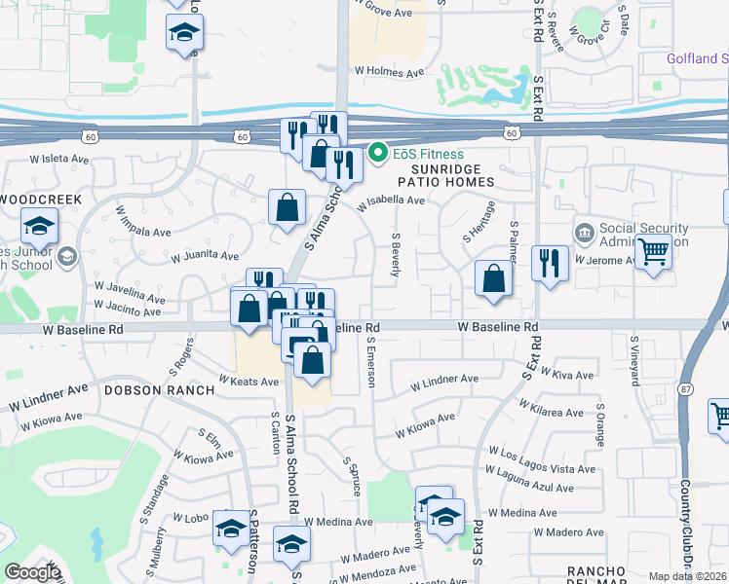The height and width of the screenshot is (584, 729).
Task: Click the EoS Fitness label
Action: point(430,154)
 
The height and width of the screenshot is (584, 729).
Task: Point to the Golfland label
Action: point(697,58)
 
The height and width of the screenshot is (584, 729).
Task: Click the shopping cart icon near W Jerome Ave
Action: point(653,252)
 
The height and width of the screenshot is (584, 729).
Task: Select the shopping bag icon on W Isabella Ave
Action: point(287,207)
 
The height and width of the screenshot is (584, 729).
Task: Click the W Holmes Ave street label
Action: point(391,71)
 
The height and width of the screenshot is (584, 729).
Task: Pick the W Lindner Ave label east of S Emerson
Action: point(444,380)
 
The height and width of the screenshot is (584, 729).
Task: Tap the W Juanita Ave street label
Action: point(205,257)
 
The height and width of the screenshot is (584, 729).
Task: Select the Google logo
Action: point(32,572)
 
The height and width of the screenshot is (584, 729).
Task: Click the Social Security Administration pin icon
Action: point(584,232)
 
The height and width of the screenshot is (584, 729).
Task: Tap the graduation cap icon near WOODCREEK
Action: point(39,227)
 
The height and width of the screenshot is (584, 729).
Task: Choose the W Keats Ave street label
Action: point(249,382)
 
